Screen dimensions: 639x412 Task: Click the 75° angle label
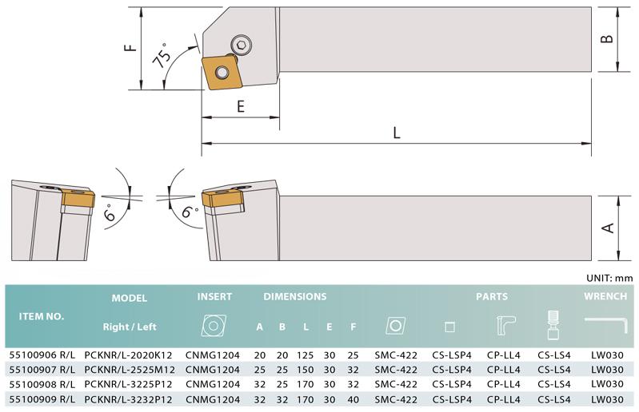pyautogui.click(x=162, y=55)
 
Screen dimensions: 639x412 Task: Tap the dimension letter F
pyautogui.click(x=130, y=47)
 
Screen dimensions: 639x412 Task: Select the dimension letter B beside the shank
pyautogui.click(x=607, y=38)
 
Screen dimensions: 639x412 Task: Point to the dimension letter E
pyautogui.click(x=241, y=106)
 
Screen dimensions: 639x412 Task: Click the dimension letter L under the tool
pyautogui.click(x=397, y=133)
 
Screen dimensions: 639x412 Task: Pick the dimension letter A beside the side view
pyautogui.click(x=608, y=228)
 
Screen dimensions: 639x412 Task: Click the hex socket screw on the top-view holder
pyautogui.click(x=241, y=44)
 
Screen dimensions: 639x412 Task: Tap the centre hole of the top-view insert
pyautogui.click(x=222, y=73)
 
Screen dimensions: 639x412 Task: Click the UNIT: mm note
pyautogui.click(x=609, y=278)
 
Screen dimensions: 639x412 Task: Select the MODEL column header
pyautogui.click(x=130, y=298)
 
